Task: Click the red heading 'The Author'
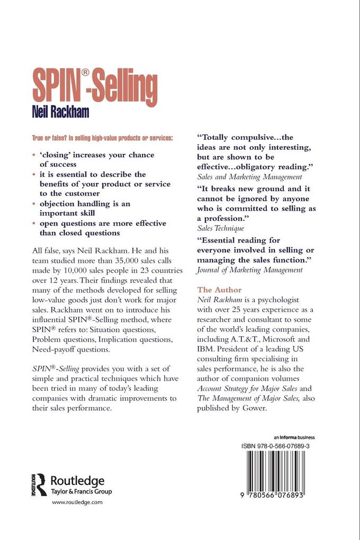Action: coord(219,290)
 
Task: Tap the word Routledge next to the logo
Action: coord(77,480)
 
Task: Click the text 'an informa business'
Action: coord(294,437)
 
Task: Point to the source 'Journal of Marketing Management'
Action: coord(249,270)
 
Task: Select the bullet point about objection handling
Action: coord(85,208)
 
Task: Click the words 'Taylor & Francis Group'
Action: coord(81,492)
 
